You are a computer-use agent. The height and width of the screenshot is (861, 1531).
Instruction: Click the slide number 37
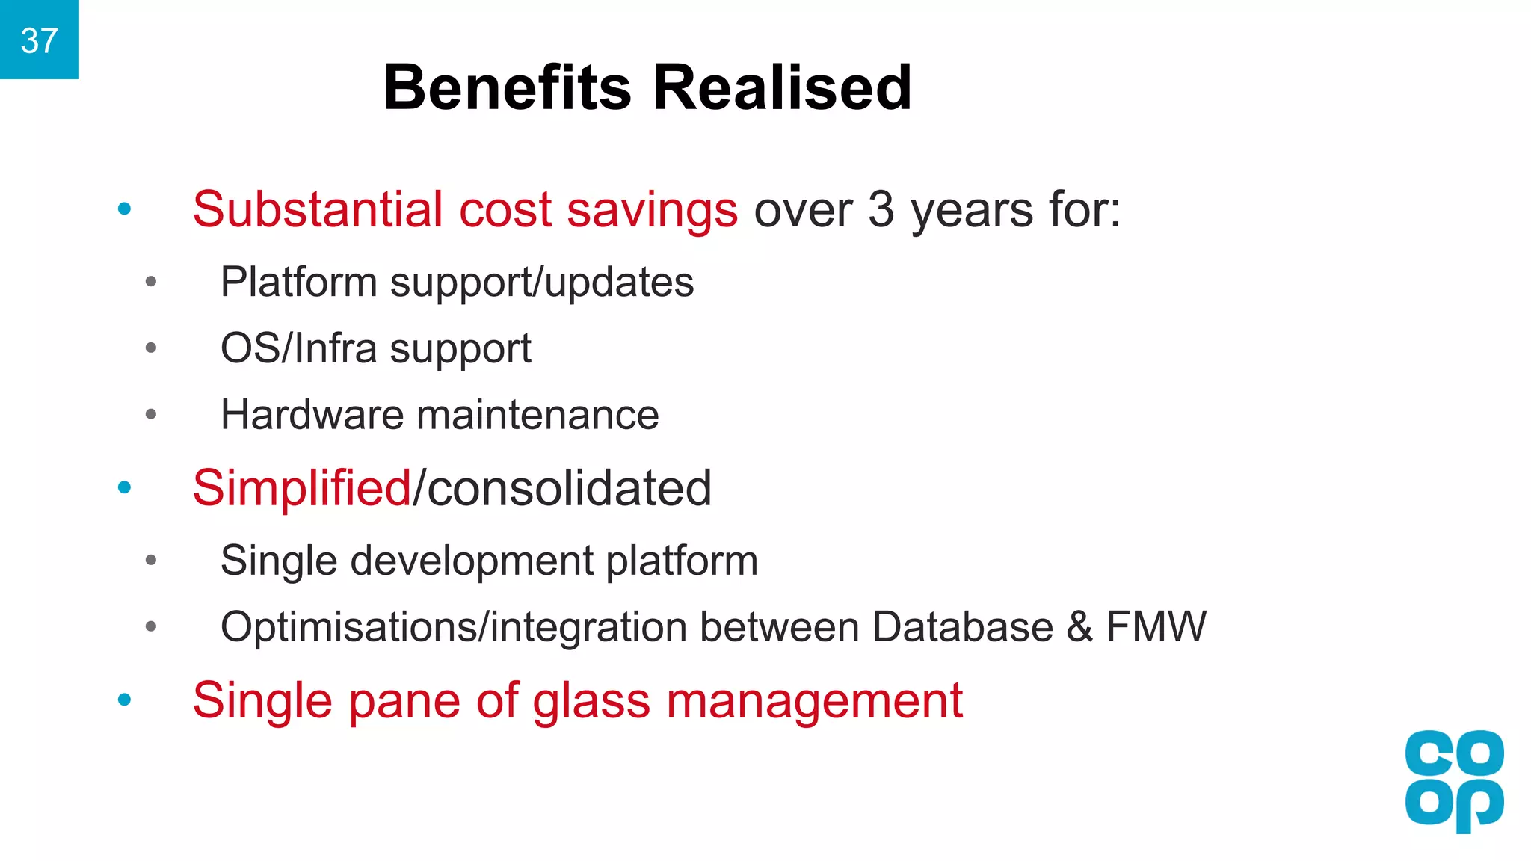click(39, 40)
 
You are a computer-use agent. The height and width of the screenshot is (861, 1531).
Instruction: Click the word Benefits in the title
click(508, 87)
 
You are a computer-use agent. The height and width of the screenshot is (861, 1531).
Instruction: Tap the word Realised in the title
click(782, 87)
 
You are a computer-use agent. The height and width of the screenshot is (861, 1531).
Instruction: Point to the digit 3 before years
click(881, 209)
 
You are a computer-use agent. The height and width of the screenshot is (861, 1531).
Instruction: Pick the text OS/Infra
click(298, 348)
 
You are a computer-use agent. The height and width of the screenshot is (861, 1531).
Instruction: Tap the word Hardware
click(312, 415)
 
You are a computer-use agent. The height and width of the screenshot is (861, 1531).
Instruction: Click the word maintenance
click(537, 415)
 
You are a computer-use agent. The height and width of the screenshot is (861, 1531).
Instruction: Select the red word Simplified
click(301, 487)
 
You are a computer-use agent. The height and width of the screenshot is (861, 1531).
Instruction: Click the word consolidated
click(569, 487)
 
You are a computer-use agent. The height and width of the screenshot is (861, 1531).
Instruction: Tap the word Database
click(962, 626)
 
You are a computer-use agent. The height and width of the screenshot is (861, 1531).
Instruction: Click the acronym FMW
click(1156, 626)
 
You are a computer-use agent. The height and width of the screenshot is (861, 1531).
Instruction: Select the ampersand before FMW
click(1079, 626)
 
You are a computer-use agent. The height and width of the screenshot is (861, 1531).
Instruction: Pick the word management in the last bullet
click(814, 701)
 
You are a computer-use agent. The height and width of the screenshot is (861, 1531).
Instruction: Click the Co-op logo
click(1454, 780)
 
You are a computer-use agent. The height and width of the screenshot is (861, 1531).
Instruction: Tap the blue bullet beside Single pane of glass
click(125, 700)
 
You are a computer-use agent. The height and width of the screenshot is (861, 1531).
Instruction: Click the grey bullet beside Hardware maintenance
click(151, 414)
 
